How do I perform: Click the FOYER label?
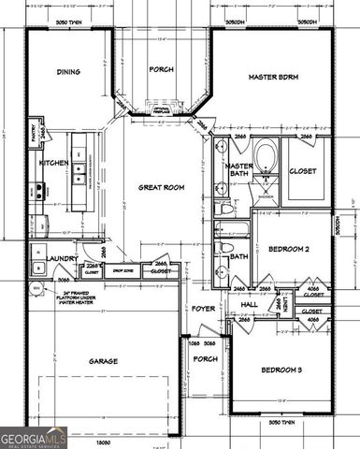click(x=204, y=308)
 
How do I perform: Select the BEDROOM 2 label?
click(x=289, y=250)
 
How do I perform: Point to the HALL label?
click(x=250, y=305)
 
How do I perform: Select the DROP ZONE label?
click(x=119, y=272)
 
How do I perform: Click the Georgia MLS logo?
click(x=34, y=437)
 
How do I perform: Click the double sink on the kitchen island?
click(x=79, y=171)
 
